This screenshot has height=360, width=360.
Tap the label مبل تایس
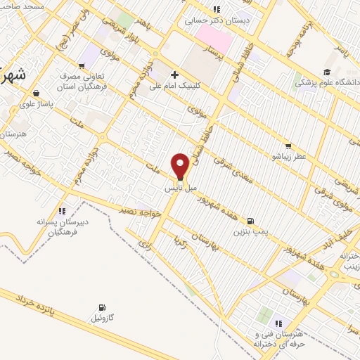[179, 190]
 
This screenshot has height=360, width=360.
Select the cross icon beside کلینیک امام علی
[174, 75]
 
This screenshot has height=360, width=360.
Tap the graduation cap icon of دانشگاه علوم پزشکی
[327, 72]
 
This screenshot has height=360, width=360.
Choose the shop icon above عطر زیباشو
[288, 146]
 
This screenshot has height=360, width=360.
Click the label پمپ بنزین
[252, 231]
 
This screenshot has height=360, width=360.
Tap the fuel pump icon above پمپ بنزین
[252, 219]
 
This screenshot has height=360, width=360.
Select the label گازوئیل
[104, 319]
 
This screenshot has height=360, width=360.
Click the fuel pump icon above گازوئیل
[104, 307]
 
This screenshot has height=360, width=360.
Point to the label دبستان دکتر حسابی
[217, 20]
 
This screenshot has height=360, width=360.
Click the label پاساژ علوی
[36, 102]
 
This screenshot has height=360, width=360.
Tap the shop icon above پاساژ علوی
[36, 91]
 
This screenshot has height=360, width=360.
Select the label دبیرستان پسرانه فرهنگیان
[63, 225]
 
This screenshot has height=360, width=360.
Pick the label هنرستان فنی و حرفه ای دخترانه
[281, 337]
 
